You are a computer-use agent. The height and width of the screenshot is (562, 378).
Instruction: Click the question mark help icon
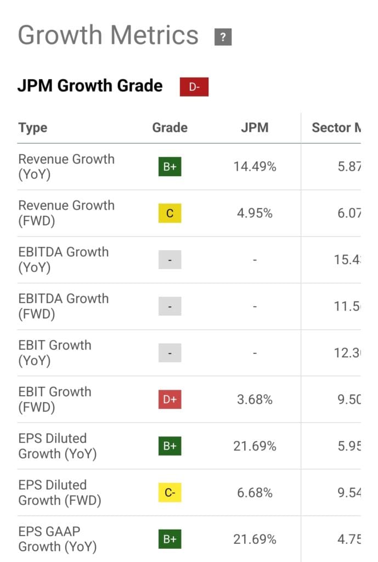pyautogui.click(x=223, y=37)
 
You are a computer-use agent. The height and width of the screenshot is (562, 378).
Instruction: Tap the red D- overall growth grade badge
pyautogui.click(x=194, y=87)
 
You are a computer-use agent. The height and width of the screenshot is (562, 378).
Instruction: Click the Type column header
pyautogui.click(x=33, y=128)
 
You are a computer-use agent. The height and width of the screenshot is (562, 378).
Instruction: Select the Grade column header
pyautogui.click(x=170, y=128)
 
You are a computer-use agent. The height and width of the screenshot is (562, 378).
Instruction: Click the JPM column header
pyautogui.click(x=255, y=128)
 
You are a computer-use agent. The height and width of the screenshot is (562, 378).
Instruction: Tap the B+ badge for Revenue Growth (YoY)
pyautogui.click(x=170, y=167)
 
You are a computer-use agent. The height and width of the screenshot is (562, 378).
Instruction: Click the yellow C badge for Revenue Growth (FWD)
pyautogui.click(x=170, y=213)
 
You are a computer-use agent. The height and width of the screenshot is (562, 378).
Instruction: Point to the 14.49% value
pyautogui.click(x=255, y=167)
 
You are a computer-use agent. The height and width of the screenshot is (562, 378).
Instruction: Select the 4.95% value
pyautogui.click(x=255, y=213)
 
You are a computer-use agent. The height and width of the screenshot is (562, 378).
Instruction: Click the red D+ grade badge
pyautogui.click(x=170, y=400)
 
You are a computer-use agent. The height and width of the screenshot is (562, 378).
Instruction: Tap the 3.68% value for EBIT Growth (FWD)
pyautogui.click(x=255, y=400)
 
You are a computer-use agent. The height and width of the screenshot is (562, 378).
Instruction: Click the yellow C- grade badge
pyautogui.click(x=170, y=493)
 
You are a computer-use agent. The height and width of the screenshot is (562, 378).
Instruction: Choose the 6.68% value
pyautogui.click(x=255, y=493)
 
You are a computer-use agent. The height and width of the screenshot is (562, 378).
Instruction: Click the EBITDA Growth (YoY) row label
pyautogui.click(x=63, y=260)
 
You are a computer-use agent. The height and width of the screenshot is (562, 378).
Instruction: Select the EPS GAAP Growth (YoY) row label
pyautogui.click(x=57, y=539)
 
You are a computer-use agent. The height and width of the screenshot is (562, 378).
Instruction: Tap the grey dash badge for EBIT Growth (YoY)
pyautogui.click(x=170, y=353)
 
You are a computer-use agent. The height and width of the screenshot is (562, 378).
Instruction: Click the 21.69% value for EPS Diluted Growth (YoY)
pyautogui.click(x=255, y=446)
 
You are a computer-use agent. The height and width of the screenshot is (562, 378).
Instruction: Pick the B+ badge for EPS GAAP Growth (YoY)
pyautogui.click(x=170, y=539)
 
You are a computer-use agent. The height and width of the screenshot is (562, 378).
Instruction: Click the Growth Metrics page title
pyautogui.click(x=108, y=36)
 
